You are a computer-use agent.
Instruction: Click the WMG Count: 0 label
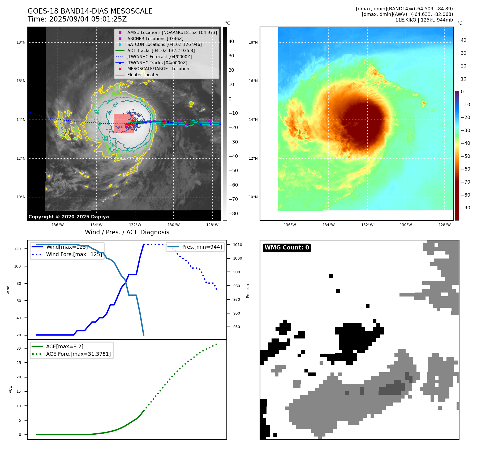(x=287, y=248)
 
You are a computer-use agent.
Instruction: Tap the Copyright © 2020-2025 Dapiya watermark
(x=68, y=217)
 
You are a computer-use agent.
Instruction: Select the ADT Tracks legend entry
(x=161, y=50)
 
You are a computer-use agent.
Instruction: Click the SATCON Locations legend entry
(x=164, y=45)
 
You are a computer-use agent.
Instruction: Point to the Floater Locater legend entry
(x=143, y=75)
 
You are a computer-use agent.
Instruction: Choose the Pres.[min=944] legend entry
(x=202, y=247)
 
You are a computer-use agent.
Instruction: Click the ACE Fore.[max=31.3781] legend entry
(x=78, y=354)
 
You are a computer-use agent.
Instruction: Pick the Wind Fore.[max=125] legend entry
(x=74, y=254)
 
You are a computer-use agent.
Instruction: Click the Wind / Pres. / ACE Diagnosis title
(x=127, y=232)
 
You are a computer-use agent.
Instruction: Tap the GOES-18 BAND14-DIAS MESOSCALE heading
(x=90, y=11)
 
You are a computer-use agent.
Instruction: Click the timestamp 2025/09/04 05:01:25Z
(x=88, y=19)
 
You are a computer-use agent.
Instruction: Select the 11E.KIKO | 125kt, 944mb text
(x=424, y=20)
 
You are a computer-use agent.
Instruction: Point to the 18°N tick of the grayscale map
(x=21, y=43)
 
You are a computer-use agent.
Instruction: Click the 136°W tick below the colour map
(x=290, y=225)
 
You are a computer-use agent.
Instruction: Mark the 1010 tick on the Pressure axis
(x=238, y=245)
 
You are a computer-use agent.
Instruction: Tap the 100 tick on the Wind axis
(x=18, y=266)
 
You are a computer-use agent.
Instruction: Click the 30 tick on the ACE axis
(x=19, y=348)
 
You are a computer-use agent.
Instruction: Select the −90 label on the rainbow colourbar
(x=465, y=208)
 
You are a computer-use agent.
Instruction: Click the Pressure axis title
(x=248, y=290)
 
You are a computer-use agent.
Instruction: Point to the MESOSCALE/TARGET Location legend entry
(x=158, y=69)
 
